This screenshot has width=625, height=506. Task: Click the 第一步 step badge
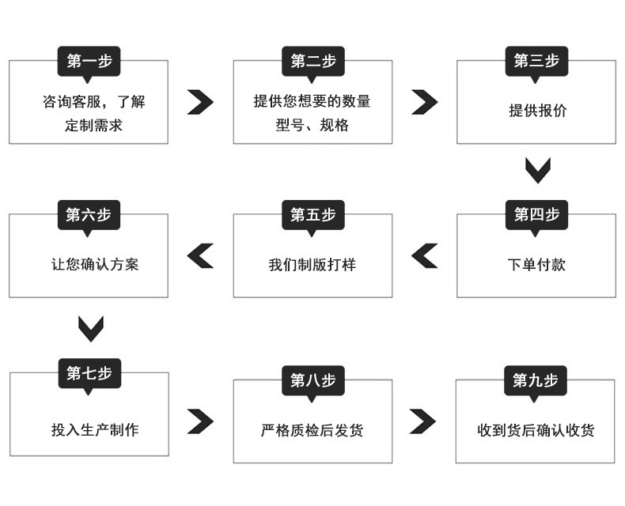point(89,61)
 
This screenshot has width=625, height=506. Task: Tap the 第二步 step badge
point(312,61)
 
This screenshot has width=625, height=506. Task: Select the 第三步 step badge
point(536,61)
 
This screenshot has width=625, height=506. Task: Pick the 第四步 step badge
point(536,214)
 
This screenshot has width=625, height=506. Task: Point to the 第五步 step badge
point(312,214)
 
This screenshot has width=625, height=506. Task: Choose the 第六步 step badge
point(89,214)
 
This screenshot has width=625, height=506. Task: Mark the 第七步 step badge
point(89,372)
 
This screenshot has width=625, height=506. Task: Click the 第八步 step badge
point(312,380)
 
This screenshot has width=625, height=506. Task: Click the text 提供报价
point(537,111)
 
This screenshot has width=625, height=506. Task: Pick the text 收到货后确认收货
point(536,431)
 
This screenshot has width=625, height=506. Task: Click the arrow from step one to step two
point(200,102)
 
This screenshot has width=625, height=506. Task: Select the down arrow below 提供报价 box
point(537,170)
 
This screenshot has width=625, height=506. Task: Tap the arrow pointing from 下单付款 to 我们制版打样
point(425,255)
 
